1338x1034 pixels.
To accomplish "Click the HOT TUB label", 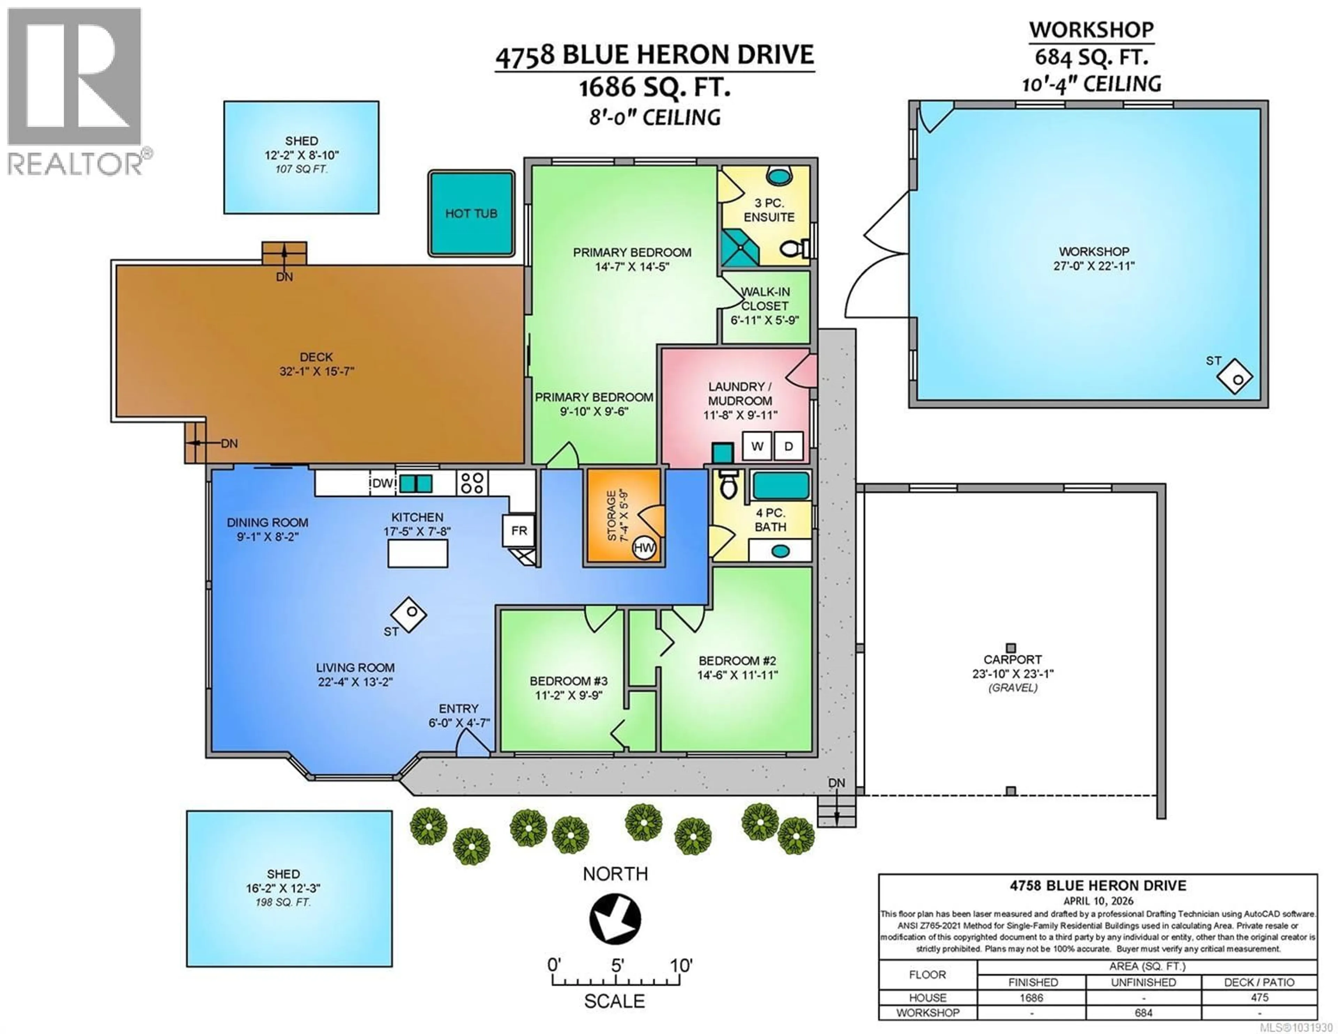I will click(x=470, y=213).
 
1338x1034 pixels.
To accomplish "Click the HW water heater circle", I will click(x=644, y=548).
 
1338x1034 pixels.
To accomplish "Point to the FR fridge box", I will click(x=519, y=531).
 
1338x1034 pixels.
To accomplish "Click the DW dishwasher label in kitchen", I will click(x=382, y=483).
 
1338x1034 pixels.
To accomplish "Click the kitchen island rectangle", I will click(x=418, y=553).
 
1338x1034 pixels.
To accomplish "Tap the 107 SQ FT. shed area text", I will click(x=301, y=169).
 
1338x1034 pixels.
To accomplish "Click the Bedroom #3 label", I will click(x=569, y=681).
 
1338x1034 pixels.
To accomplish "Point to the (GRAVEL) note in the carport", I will click(x=1012, y=688).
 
